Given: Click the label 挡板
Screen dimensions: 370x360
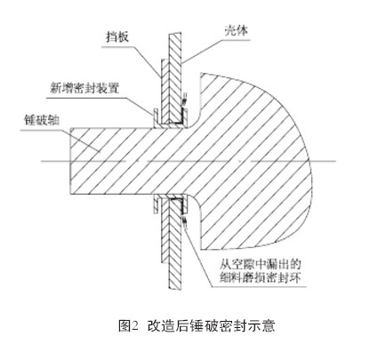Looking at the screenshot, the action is point(117,37).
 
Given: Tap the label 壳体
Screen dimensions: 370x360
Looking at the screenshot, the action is point(237,30).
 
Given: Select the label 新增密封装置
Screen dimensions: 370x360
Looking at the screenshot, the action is point(84,88).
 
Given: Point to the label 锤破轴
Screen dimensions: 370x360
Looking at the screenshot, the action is point(42,120).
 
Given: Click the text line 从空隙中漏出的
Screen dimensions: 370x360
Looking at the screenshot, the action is point(261,263).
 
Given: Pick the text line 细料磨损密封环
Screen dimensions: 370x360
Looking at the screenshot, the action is point(261,277).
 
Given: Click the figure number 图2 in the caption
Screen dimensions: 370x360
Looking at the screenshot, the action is point(128,325).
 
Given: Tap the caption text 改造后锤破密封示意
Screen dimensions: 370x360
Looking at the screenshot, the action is point(211,325).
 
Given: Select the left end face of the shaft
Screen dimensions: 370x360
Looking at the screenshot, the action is point(70,161).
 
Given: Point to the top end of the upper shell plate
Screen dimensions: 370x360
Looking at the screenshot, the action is point(175,34).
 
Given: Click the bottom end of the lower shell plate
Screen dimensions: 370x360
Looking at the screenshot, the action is point(175,288).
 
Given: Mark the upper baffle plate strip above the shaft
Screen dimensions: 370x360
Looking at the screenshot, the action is point(165,92).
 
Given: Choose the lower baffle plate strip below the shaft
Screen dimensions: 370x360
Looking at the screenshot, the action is point(165,229).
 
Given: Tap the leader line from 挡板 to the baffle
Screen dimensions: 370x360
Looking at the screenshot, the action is point(148,62).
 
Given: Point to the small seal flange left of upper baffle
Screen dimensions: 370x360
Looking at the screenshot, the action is point(156,118).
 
